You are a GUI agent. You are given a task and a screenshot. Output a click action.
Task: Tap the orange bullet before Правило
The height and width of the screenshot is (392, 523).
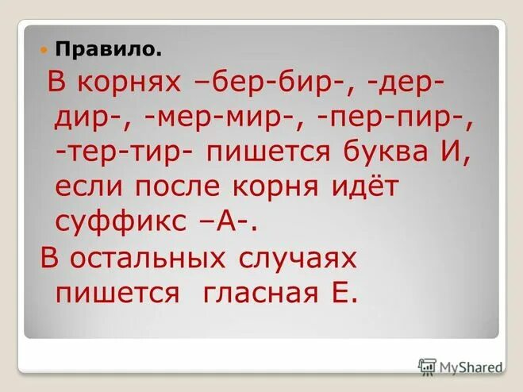(44, 50)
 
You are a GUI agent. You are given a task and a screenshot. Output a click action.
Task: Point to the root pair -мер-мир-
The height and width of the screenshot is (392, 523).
(223, 118)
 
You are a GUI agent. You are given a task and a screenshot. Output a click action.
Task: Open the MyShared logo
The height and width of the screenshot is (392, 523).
(460, 366)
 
